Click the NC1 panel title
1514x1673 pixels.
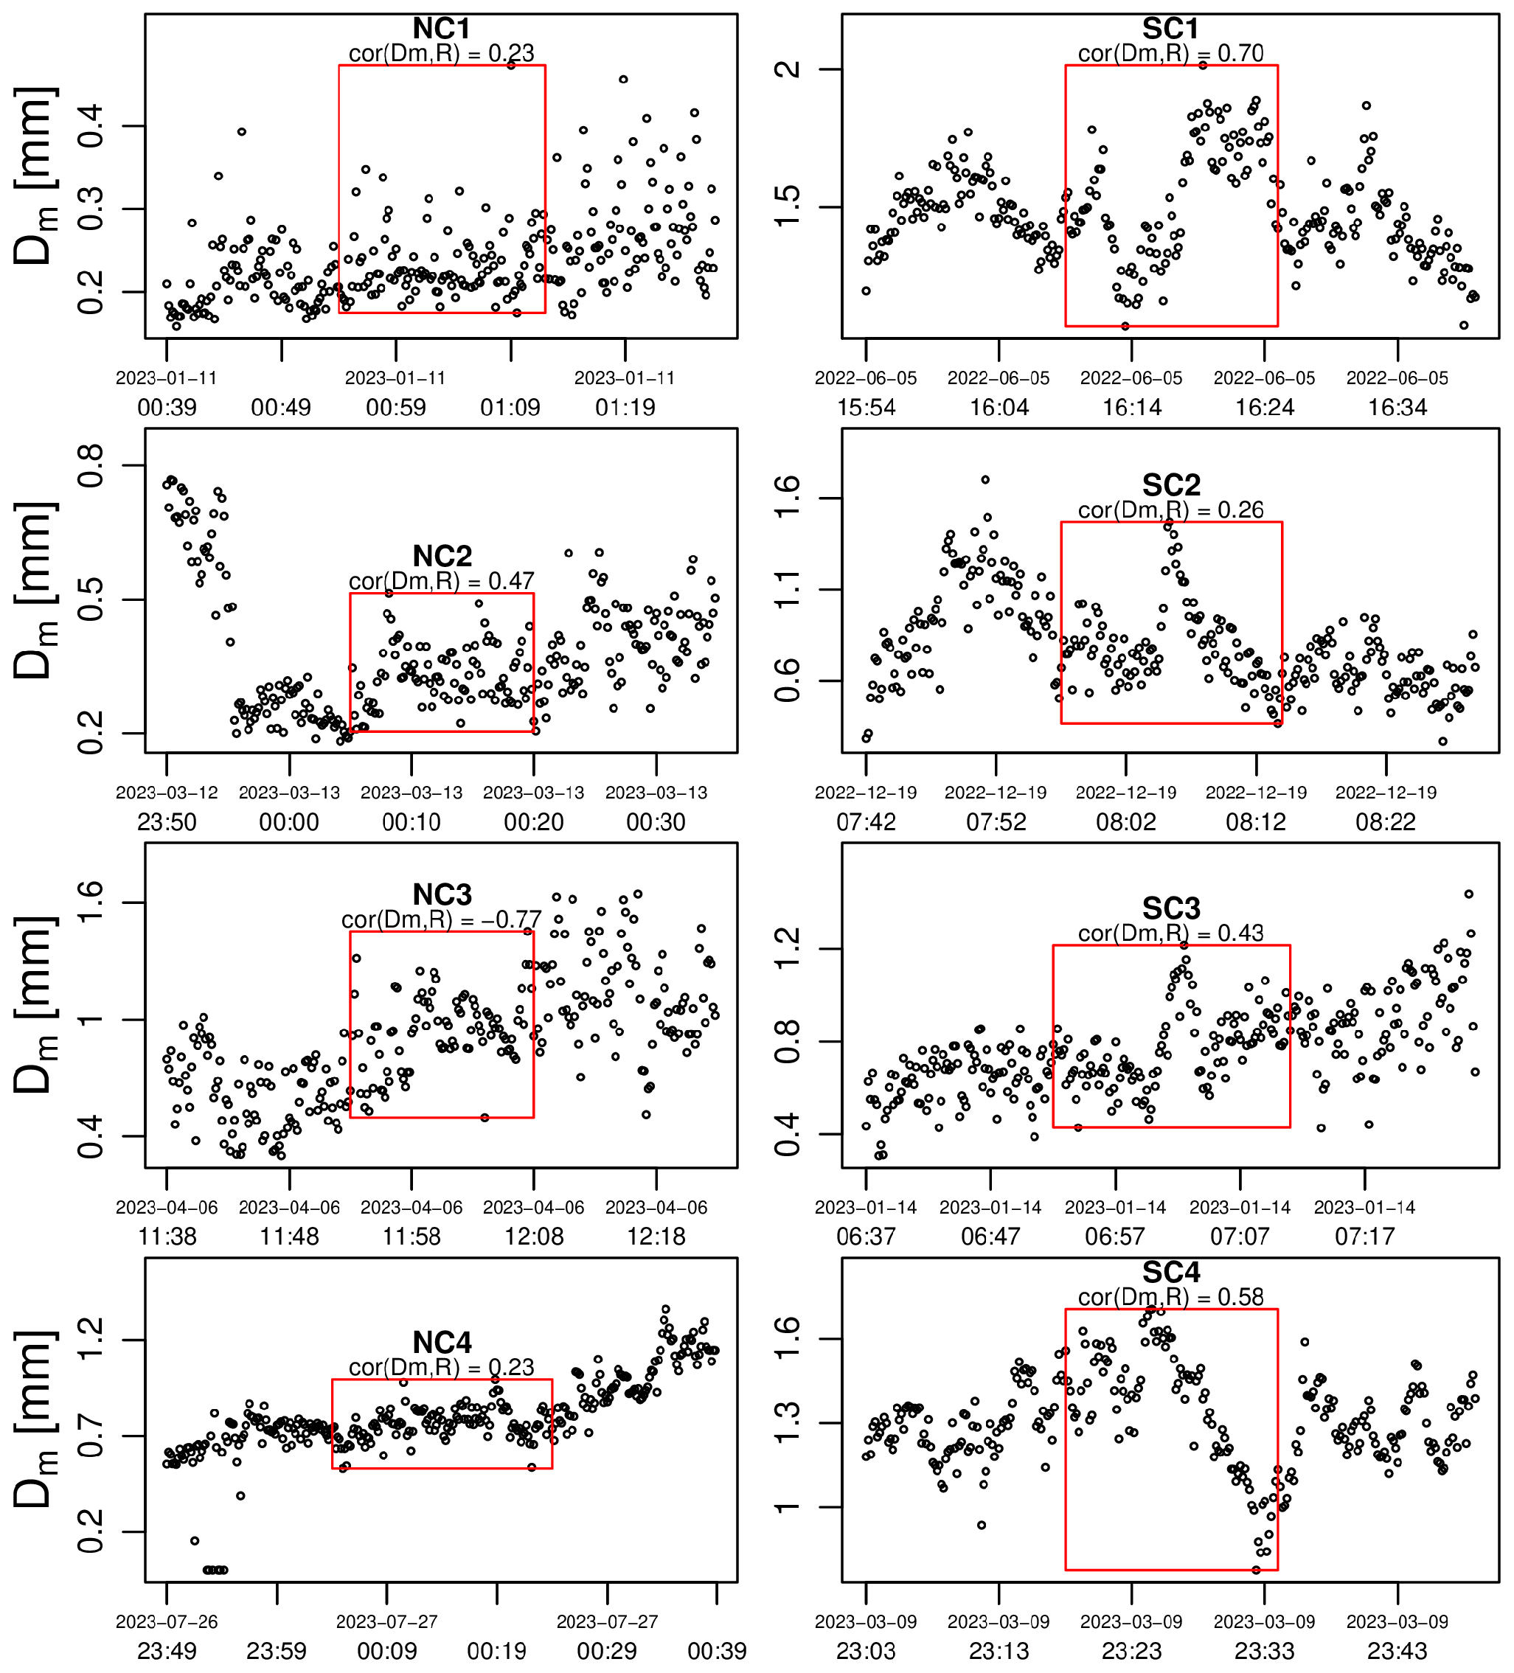442,29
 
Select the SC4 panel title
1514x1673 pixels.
1170,1272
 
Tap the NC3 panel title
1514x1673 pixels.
442,895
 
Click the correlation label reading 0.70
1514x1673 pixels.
1170,54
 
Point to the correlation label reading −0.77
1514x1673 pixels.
442,920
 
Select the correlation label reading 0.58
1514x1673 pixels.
1170,1297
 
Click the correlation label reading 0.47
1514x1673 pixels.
442,581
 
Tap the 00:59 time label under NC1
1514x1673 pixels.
396,408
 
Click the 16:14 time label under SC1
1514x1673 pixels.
1131,408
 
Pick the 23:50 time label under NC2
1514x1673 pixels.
167,822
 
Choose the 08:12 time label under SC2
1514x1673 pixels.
1256,822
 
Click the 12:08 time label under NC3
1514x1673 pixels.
534,1237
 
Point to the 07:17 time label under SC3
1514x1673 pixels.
1364,1237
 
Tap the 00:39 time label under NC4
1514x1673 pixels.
717,1652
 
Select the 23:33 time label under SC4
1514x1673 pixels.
1264,1652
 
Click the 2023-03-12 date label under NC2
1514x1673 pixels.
167,793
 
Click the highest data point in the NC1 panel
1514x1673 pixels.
511,65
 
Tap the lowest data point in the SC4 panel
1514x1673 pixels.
1256,1570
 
